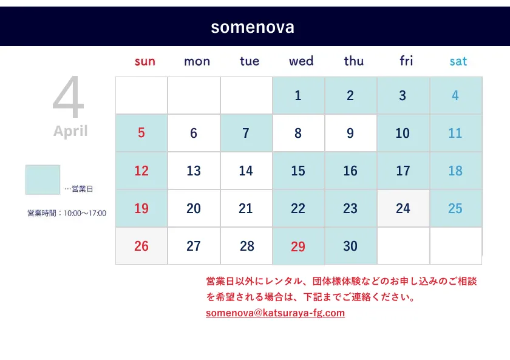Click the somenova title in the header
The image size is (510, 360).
[253, 27]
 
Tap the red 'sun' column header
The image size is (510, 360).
[144, 61]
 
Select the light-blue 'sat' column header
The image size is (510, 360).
[458, 61]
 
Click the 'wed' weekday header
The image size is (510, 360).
[301, 61]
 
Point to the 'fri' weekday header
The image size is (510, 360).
[406, 61]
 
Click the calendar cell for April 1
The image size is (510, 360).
[298, 95]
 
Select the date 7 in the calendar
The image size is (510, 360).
[246, 133]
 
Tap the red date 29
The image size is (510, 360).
[298, 246]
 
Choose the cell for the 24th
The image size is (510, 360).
[403, 208]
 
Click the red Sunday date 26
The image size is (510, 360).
[141, 246]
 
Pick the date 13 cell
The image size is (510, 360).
[194, 171]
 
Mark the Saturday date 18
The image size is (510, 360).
[455, 171]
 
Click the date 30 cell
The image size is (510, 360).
[351, 246]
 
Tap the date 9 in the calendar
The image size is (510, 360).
[351, 133]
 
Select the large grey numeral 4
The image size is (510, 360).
[69, 97]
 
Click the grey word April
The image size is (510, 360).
[70, 131]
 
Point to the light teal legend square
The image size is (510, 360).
[42, 180]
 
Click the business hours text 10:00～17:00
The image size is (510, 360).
[85, 213]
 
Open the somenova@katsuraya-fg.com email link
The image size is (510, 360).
[275, 313]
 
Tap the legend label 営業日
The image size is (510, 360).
[83, 189]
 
